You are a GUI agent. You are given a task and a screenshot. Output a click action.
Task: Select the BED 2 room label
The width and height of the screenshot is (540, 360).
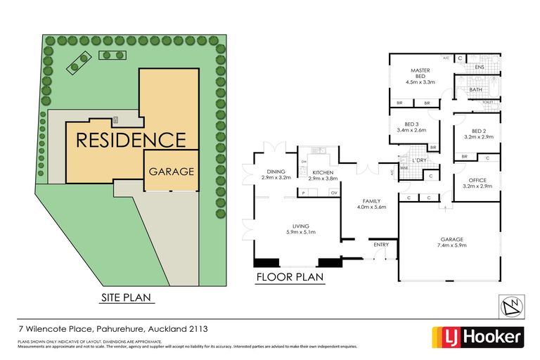click(x=479, y=131)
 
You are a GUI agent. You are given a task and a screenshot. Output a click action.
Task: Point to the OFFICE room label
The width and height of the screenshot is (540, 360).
click(x=479, y=179)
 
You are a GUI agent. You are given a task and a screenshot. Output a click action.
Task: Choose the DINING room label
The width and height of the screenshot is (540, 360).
click(x=276, y=172)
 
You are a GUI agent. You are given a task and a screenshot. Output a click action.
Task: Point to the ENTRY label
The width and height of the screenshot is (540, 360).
click(x=381, y=245)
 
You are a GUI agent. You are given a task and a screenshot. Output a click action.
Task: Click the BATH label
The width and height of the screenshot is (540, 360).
click(x=476, y=89)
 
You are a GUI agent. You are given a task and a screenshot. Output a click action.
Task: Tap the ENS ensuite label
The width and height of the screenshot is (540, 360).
click(x=480, y=67)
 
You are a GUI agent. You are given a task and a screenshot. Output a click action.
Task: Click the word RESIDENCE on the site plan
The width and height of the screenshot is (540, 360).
click(x=131, y=139)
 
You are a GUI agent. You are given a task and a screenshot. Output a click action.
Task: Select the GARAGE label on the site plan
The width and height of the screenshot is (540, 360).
click(x=171, y=172)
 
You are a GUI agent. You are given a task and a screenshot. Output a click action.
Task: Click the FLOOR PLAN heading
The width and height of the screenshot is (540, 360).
click(x=289, y=277)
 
